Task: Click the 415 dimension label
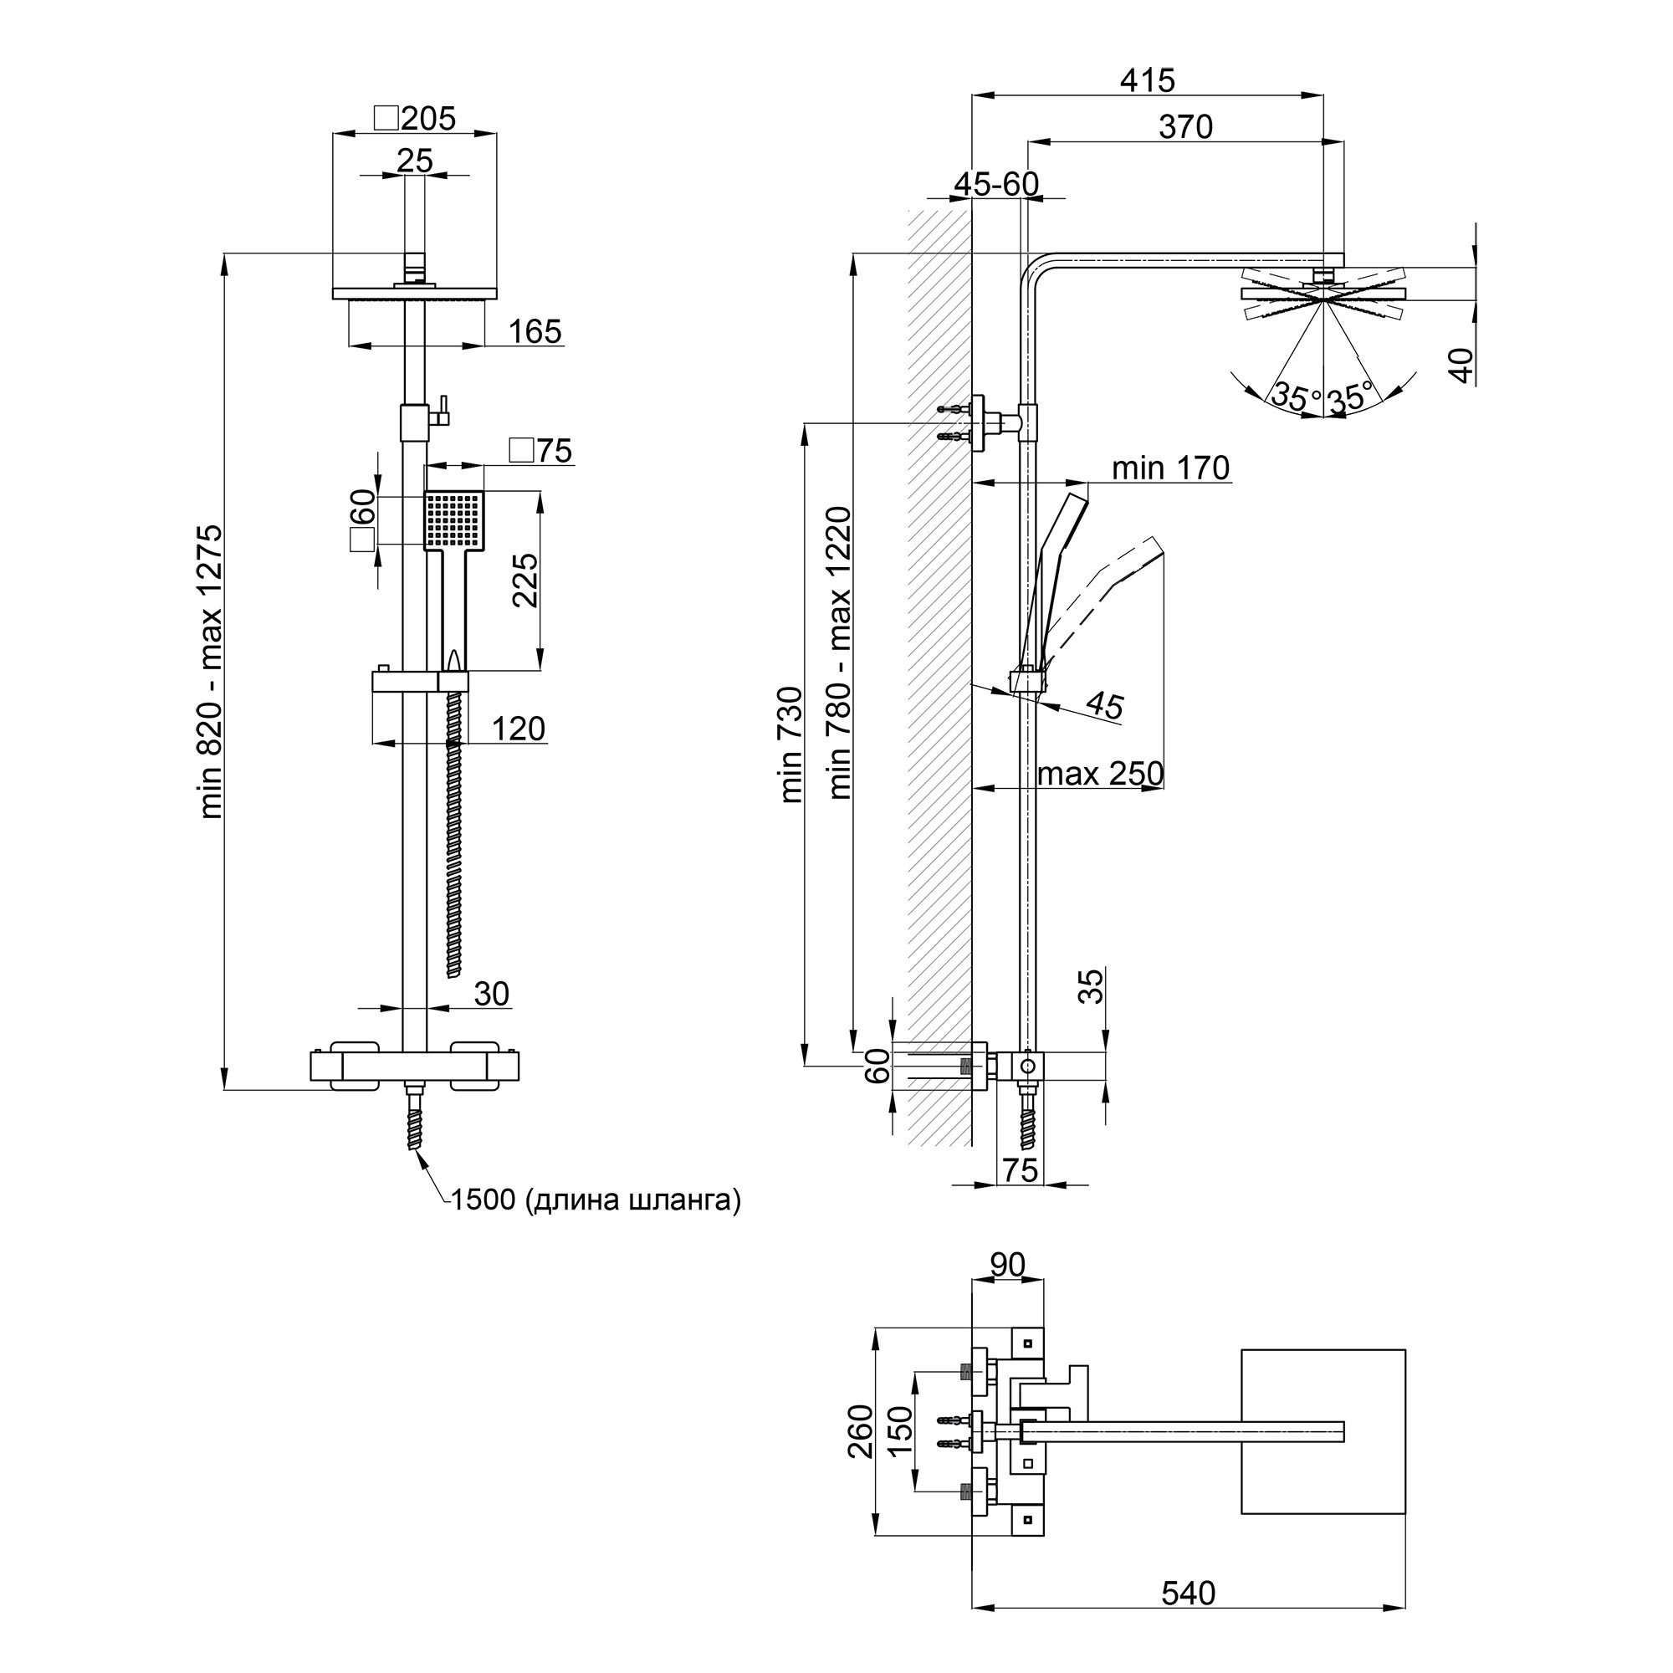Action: tap(1148, 80)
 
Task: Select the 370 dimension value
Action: tap(1185, 127)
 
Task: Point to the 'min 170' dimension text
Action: tap(1170, 468)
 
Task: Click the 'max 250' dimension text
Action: tap(1100, 773)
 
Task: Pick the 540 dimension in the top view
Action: tap(1188, 1617)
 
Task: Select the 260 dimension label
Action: tap(862, 1431)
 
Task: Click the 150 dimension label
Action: tap(901, 1431)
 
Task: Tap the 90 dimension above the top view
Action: tap(1007, 1265)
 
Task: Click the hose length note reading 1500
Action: tap(595, 1200)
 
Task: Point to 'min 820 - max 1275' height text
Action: tap(212, 671)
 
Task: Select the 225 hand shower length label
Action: tap(525, 581)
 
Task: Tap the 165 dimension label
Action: tap(535, 331)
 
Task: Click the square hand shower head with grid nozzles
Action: tap(453, 519)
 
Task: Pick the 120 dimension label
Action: tap(518, 729)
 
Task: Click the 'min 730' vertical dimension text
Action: tap(792, 744)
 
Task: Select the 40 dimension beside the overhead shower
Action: tap(1461, 365)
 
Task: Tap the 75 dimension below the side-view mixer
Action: tap(1020, 1170)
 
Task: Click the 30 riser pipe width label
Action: tap(491, 993)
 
